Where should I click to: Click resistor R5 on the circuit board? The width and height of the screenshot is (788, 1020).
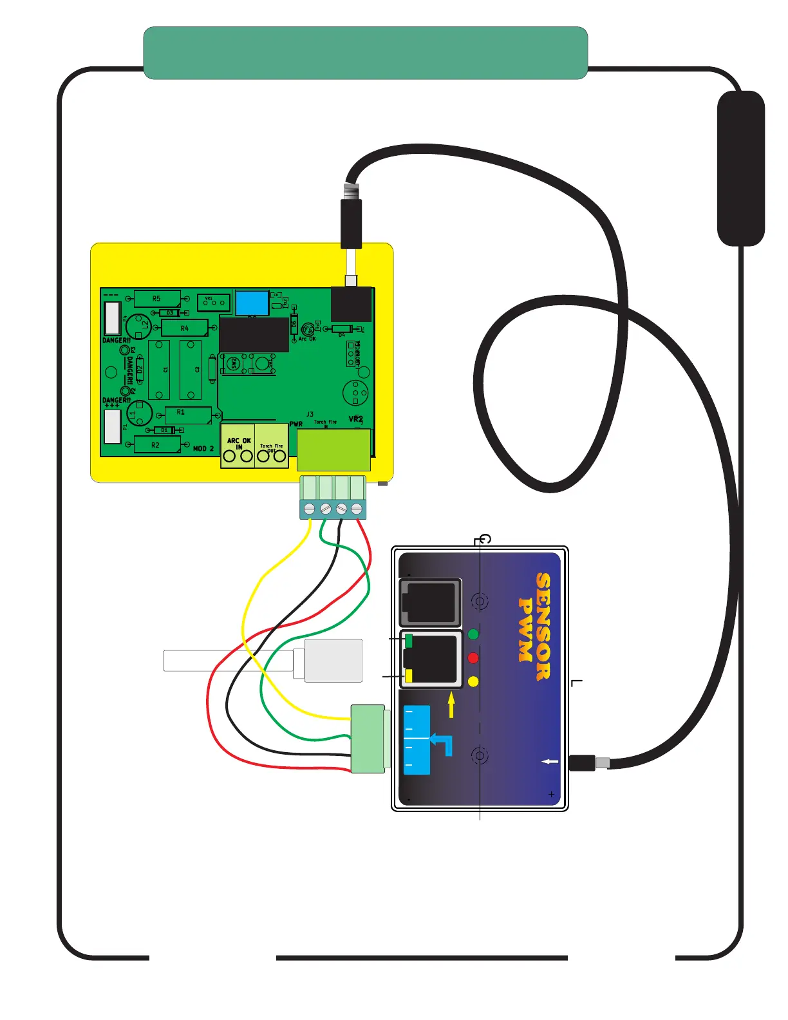coord(157,299)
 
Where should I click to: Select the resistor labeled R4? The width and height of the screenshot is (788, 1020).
coord(185,328)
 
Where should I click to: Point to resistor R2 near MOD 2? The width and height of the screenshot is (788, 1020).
coord(156,445)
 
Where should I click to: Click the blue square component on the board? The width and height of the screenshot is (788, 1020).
coord(252,303)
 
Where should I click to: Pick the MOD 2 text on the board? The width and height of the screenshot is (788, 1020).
coord(203,448)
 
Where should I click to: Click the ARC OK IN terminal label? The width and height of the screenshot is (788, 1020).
coord(239,443)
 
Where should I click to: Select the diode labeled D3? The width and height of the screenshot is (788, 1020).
coord(170,313)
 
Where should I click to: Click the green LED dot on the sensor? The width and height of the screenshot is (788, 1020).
coord(474,634)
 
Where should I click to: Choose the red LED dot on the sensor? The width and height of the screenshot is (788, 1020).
coord(473,658)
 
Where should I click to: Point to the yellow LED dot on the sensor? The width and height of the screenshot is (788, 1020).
coord(473,681)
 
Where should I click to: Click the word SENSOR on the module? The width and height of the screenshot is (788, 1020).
coord(544,626)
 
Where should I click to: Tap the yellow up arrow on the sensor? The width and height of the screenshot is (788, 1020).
coord(451,703)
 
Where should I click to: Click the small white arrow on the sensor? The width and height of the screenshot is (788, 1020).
coord(550,762)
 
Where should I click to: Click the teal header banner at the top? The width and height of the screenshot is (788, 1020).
coord(365,53)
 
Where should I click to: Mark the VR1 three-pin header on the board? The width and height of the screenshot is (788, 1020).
coord(214,301)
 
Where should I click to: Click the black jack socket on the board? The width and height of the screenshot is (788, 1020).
coord(351,304)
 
